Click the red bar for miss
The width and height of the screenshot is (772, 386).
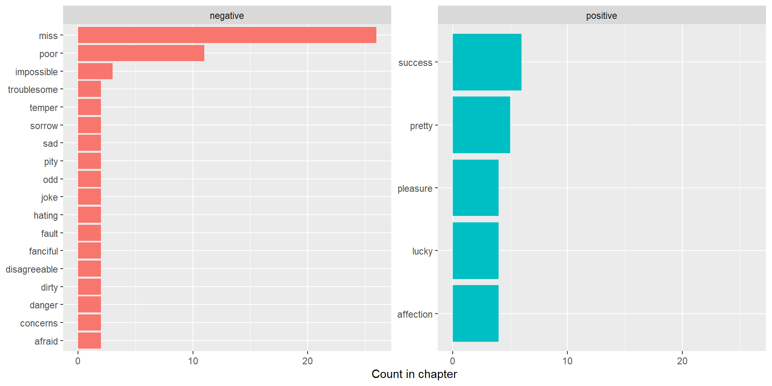[227, 35]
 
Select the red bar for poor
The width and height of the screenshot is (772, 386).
[141, 53]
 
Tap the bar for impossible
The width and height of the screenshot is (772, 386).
[95, 71]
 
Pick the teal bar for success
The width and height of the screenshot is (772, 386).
[487, 62]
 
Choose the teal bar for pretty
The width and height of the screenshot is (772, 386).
[481, 125]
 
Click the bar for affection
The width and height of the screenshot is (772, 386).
[476, 313]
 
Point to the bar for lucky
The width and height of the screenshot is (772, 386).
[476, 250]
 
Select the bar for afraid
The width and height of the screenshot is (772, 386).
[89, 341]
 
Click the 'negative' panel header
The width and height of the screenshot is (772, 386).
[227, 16]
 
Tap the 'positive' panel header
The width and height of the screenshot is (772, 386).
[602, 16]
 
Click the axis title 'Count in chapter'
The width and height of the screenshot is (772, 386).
[414, 374]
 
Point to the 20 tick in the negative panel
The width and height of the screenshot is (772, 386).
[308, 361]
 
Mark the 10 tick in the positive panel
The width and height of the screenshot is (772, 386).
[567, 361]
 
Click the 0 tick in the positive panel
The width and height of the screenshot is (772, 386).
[453, 361]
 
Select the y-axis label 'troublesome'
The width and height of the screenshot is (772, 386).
[33, 90]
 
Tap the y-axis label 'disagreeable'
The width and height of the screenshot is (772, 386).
[32, 269]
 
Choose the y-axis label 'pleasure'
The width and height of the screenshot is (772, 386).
[415, 189]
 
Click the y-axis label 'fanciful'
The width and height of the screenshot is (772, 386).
[43, 251]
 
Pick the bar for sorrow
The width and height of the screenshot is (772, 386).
[89, 125]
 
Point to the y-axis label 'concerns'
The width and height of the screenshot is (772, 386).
[39, 323]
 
